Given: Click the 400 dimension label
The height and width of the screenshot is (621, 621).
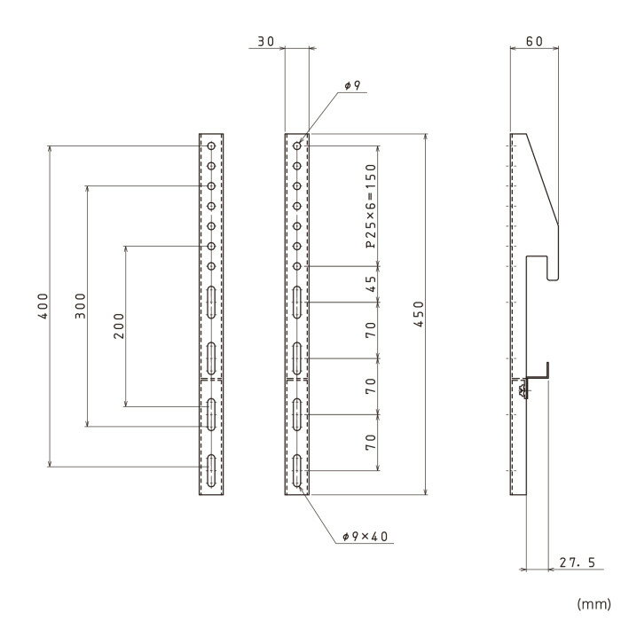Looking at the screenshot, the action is tap(43, 306).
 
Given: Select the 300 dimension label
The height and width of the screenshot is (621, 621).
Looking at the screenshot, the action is tap(81, 306).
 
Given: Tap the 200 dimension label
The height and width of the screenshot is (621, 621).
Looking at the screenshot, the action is tap(119, 326).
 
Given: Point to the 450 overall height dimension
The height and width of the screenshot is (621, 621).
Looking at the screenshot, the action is tap(419, 314).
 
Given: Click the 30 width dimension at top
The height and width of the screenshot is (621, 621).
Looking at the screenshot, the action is tap(266, 41).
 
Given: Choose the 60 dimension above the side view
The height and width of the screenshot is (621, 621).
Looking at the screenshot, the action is tap(534, 41).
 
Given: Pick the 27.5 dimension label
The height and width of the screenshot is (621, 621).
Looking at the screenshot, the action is tap(577, 562).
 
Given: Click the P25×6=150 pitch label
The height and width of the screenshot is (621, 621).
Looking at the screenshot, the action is tap(371, 206).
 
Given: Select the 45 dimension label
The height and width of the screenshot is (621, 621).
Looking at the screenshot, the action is tap(371, 284).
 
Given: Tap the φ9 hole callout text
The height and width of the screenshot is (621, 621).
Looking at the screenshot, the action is tap(352, 85).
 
